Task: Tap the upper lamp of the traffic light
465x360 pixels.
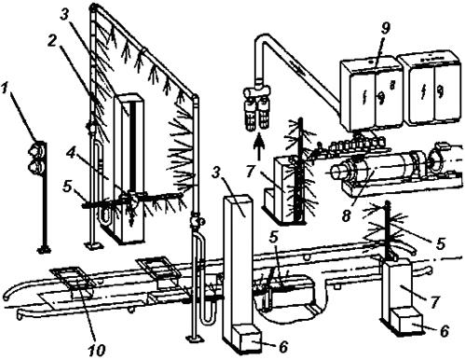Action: click(36, 149)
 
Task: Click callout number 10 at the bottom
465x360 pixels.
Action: click(96, 350)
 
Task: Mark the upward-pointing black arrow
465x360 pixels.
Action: click(261, 145)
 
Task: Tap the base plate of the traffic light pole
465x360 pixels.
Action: click(44, 248)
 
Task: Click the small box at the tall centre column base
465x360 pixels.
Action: click(247, 339)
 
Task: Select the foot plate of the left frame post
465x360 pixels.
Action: click(93, 245)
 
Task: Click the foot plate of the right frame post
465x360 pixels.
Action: click(195, 339)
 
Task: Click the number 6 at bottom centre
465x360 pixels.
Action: click(284, 347)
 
